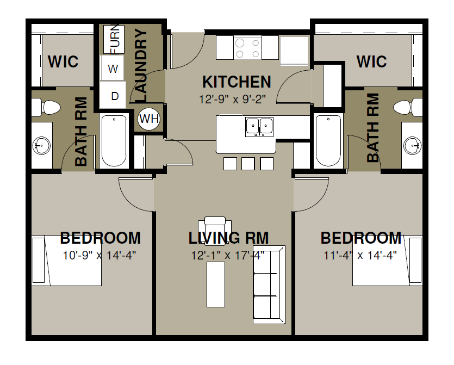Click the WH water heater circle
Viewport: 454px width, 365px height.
point(149,119)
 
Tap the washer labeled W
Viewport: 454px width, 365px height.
point(113,68)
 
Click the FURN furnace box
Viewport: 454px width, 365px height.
point(114,39)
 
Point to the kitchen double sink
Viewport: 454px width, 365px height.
point(259,127)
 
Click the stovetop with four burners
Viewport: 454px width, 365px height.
point(247,48)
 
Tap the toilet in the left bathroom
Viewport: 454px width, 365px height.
point(46,108)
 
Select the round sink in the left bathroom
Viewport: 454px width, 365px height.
point(41,145)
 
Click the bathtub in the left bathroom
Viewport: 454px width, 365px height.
point(114,141)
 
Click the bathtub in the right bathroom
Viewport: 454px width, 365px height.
point(328,141)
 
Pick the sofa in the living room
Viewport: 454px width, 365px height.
point(269,284)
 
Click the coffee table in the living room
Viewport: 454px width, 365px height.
point(216,284)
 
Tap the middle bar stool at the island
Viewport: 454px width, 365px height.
point(248,164)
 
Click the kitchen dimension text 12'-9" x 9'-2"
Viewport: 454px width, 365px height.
point(232,100)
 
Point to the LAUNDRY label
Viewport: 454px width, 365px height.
point(141,65)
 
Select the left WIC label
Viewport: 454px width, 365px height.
point(63,61)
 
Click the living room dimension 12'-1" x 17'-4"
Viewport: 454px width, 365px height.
point(228,256)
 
